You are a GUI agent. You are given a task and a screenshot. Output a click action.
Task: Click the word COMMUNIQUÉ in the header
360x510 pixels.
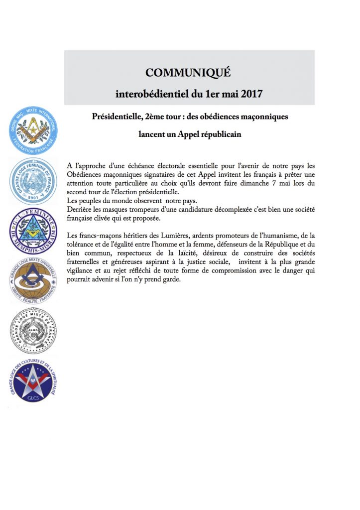[x=188, y=73]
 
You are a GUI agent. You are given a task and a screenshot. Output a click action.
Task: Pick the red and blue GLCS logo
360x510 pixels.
[x=33, y=380]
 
